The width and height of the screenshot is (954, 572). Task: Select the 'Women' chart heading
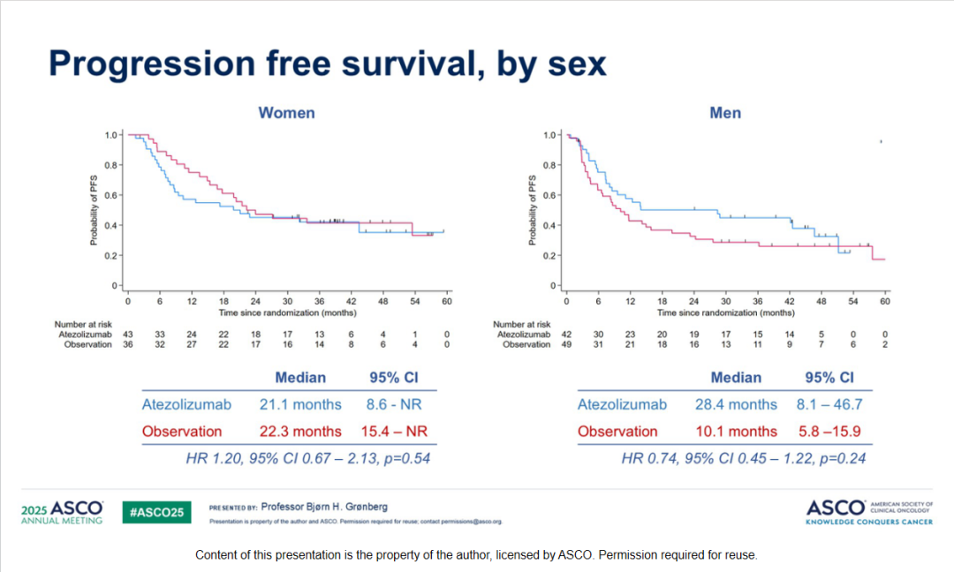[x=286, y=113]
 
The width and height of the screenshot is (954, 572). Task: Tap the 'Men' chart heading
[x=725, y=113]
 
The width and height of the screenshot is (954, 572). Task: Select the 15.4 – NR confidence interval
[x=393, y=432]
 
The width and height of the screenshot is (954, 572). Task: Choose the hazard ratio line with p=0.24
[x=743, y=458]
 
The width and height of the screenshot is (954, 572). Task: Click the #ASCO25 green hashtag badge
[x=156, y=512]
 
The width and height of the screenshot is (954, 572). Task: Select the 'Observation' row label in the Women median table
[x=182, y=432]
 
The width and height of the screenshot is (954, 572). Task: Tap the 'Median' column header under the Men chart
[x=736, y=378]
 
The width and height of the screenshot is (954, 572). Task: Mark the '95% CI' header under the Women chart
[x=393, y=378]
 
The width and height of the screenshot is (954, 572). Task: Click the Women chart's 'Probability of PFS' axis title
[x=94, y=210]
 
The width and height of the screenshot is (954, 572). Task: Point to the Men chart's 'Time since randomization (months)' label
[x=725, y=312]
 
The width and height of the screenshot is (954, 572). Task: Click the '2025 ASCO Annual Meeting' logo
[x=63, y=512]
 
